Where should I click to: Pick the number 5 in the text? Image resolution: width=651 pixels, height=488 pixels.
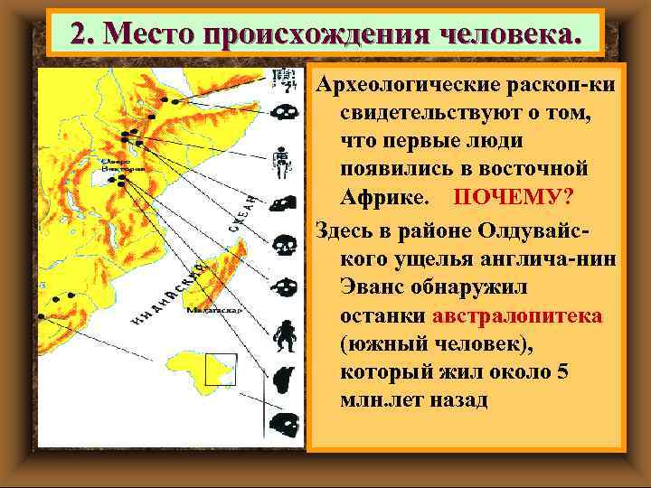(562, 372)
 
